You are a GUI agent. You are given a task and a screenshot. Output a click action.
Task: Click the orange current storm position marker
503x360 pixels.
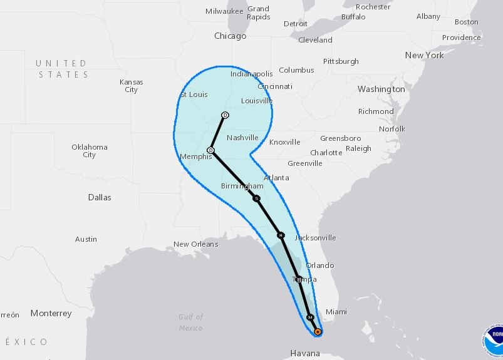[x=318, y=332]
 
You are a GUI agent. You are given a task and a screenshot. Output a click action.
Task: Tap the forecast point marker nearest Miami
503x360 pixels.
[x=309, y=317]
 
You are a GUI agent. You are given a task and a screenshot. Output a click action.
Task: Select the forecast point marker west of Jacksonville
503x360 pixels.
[x=281, y=235]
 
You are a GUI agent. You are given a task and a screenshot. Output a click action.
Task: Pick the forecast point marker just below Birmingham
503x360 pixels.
[x=256, y=198]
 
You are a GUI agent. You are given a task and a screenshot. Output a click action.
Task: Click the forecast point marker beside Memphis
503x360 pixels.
[x=211, y=150]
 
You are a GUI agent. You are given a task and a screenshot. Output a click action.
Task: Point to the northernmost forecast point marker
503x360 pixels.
[x=226, y=115]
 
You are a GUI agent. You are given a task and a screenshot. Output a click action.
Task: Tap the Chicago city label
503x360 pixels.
[x=230, y=36]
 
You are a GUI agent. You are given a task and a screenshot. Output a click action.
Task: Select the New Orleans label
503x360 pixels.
[x=196, y=244]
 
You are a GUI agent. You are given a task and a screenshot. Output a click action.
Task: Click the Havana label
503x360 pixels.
[x=305, y=354]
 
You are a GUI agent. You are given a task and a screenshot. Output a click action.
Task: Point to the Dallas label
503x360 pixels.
[x=100, y=197]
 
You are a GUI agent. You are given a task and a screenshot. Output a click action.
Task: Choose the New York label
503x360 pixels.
[x=424, y=55]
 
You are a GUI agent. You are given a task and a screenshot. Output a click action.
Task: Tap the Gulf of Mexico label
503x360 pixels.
[x=190, y=322]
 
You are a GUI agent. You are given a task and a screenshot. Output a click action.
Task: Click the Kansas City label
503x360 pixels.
[x=131, y=86]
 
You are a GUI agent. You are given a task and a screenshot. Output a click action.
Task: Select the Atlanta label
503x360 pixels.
[x=276, y=178]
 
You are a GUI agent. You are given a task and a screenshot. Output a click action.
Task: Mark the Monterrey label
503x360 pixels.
[x=51, y=313]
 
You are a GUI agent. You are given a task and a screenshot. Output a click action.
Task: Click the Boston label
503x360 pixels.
[x=466, y=22]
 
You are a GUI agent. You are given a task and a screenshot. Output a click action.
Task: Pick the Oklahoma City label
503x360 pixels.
[x=90, y=151]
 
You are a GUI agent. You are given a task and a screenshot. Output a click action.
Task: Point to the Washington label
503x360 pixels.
[x=381, y=90]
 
